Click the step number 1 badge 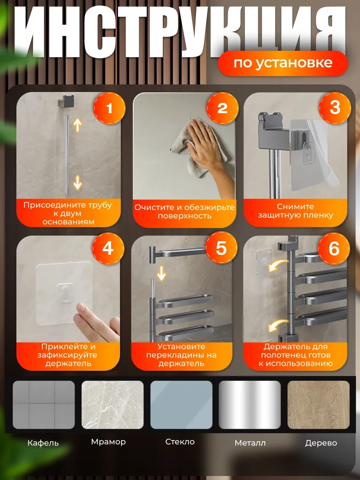point(110,108)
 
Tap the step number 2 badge point(222,108)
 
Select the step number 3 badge point(335,108)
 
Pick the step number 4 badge point(108,248)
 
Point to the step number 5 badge point(221,248)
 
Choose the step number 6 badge point(334,248)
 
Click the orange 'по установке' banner point(283,64)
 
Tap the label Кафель point(43,443)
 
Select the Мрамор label point(108,442)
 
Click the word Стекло point(180,442)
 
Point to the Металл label point(250,443)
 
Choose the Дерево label point(321,443)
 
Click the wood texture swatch point(318,405)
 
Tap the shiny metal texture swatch point(250,405)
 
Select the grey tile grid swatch point(44,405)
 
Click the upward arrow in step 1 point(78,125)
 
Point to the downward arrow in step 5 point(161,273)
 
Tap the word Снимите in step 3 point(295,206)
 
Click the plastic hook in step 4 point(65,293)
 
